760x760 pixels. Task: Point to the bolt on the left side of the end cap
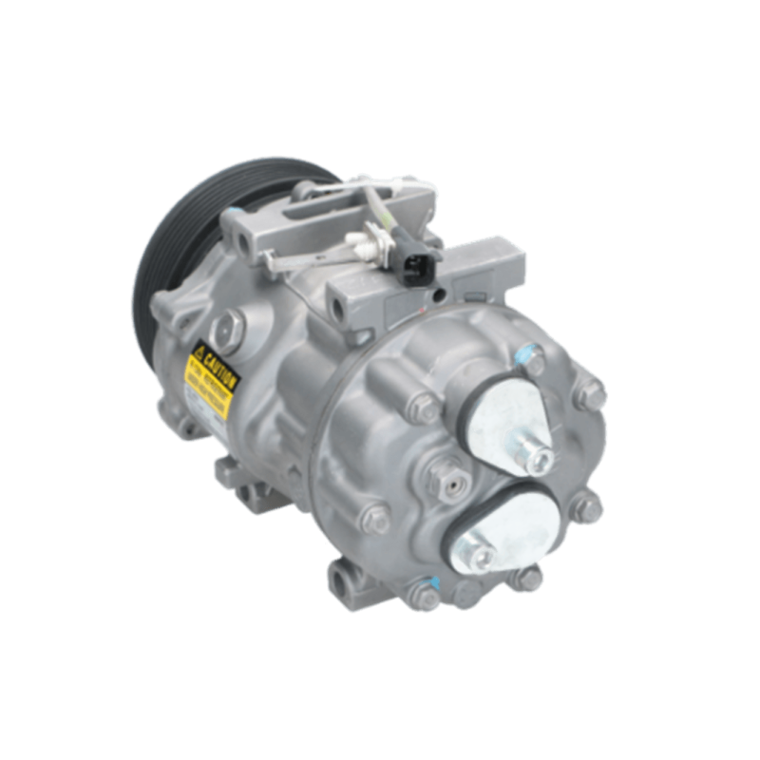[370, 518]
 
